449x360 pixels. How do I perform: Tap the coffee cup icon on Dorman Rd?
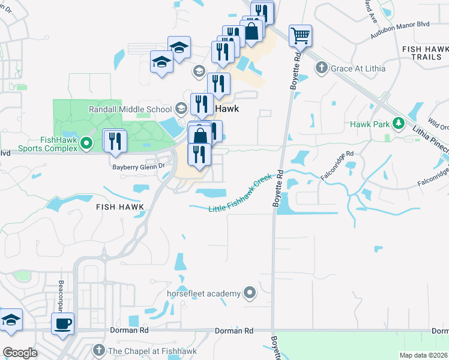[x=62, y=324]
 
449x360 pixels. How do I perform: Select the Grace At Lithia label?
[x=358, y=68]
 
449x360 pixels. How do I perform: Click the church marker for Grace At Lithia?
[x=322, y=68]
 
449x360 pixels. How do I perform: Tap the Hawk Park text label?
[x=370, y=124]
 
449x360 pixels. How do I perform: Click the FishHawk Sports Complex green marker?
[x=86, y=143]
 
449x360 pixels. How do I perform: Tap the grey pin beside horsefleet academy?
[x=250, y=293]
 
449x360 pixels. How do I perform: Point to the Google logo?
[x=20, y=353]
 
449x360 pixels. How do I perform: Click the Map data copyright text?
[x=423, y=355]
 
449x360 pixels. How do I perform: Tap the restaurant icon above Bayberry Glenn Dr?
[x=114, y=141]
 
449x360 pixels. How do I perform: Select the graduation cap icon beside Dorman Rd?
[x=11, y=321]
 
